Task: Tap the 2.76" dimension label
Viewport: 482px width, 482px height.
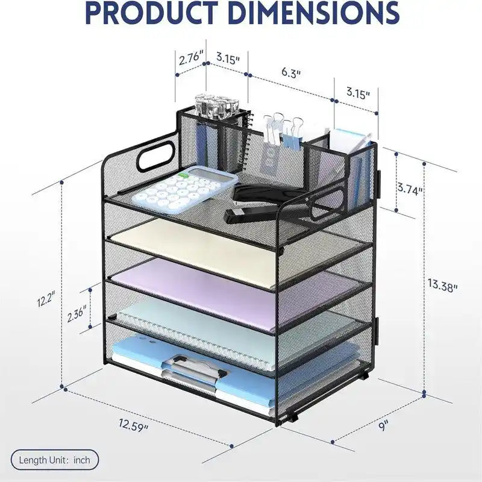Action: click(189, 60)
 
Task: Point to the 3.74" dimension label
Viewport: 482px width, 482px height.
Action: click(410, 189)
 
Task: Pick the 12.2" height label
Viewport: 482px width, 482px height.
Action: click(45, 298)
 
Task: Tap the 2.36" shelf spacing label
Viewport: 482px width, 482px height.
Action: click(76, 314)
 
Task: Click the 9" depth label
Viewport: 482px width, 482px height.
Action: click(383, 425)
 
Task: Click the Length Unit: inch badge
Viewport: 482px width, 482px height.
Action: click(54, 460)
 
